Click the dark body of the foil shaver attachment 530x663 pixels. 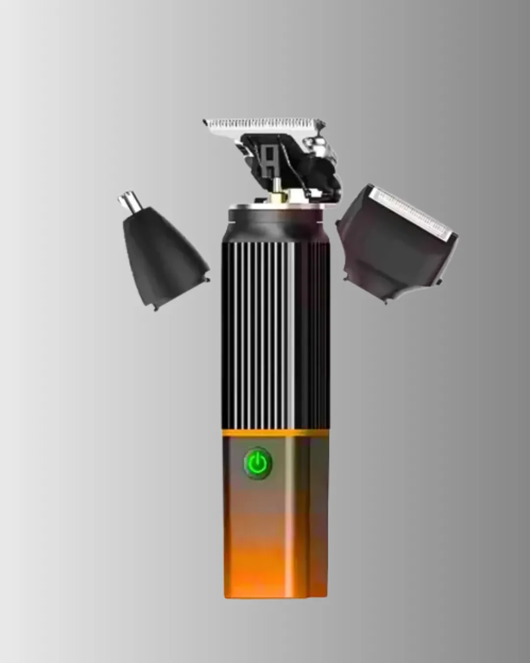click(388, 255)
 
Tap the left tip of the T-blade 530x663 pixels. click(206, 122)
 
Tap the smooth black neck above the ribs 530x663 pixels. click(275, 223)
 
